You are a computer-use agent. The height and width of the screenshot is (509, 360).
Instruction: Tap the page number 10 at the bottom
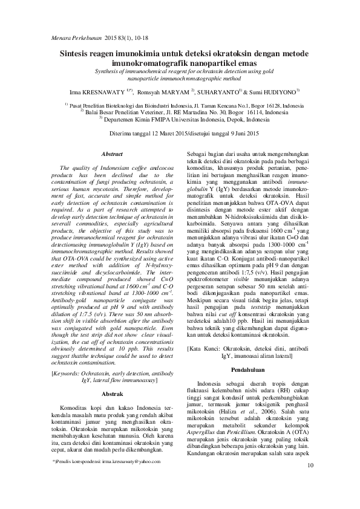[x=311, y=482]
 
